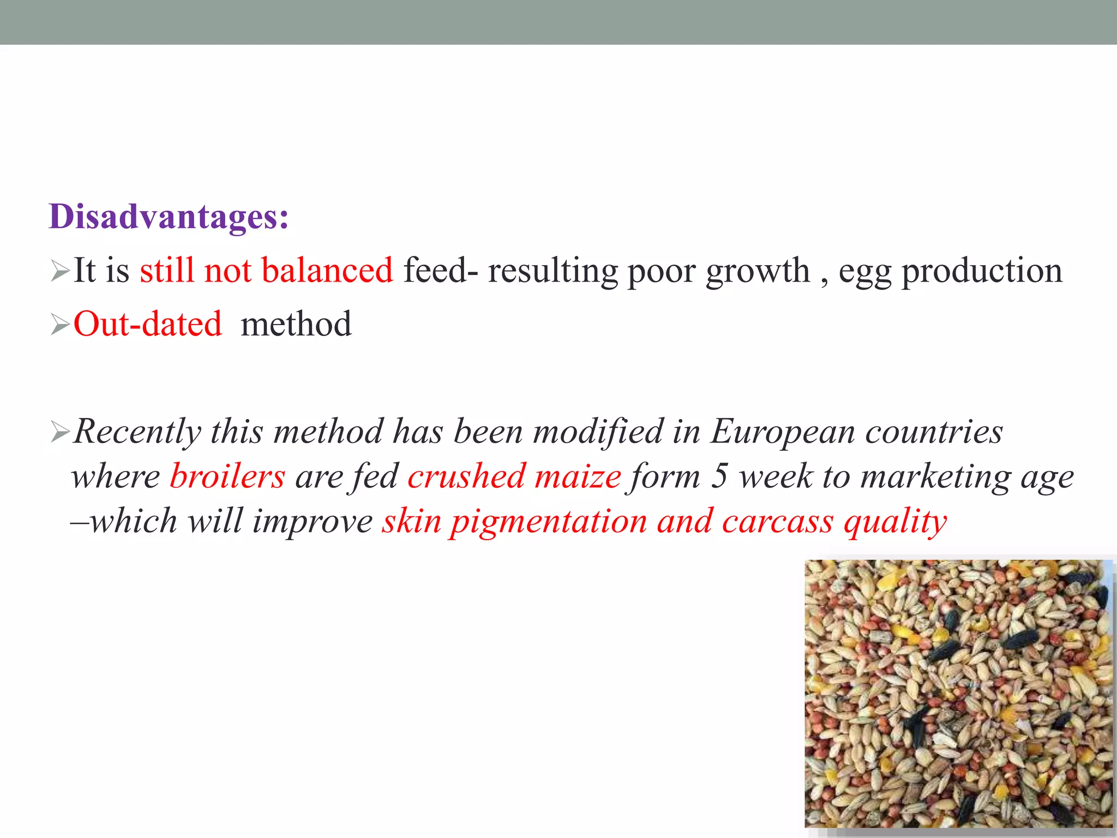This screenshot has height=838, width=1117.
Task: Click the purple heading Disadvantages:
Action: [x=169, y=217]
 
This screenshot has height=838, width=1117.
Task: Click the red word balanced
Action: [x=327, y=270]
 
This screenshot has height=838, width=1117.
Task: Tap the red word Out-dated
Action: [x=147, y=324]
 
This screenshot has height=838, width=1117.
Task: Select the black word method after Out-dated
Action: [x=296, y=324]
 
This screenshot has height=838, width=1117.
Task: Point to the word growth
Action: [x=757, y=271]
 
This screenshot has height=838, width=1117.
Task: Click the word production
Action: [x=982, y=271]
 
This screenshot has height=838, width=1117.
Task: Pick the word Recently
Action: [x=137, y=432]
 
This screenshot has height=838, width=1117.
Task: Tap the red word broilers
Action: [x=227, y=476]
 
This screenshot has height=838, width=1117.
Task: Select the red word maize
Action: [x=578, y=476]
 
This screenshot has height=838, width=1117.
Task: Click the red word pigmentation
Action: [x=549, y=522]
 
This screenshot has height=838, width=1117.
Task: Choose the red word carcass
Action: [x=778, y=522]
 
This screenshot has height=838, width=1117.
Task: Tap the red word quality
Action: [x=895, y=522]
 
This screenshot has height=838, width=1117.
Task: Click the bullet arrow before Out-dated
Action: [x=59, y=325]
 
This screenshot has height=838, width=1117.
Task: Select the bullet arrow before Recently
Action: [x=59, y=432]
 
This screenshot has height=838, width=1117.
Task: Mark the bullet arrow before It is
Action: [x=59, y=271]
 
